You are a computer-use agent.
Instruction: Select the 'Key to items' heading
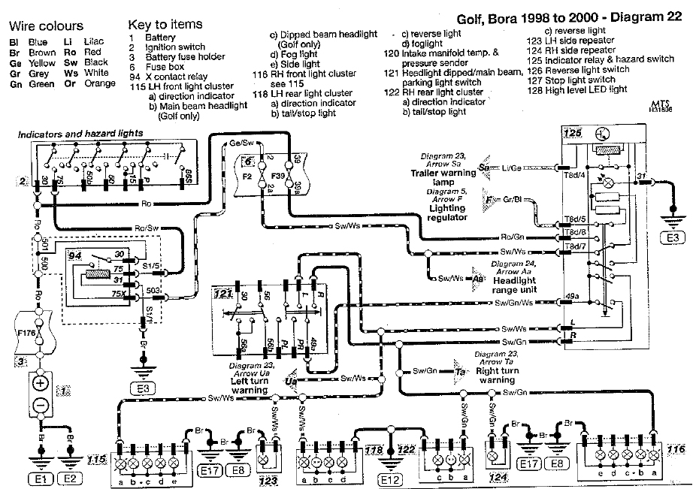tap(165, 25)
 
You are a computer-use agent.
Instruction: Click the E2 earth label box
tap(69, 475)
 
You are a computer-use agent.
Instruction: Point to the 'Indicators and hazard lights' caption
tap(80, 134)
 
